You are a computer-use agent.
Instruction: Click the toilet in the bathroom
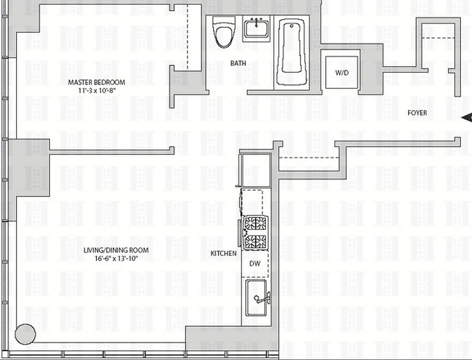point(221,33)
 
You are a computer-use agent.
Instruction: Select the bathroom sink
point(257,29)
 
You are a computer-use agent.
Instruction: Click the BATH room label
point(238,63)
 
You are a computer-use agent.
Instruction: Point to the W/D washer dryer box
point(342,72)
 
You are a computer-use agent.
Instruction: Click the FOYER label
point(417,113)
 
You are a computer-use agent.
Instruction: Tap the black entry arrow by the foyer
point(467,118)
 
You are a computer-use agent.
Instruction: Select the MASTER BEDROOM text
point(96,82)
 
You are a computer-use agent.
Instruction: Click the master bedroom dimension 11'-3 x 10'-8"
point(96,90)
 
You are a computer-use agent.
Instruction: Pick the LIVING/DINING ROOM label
point(116,251)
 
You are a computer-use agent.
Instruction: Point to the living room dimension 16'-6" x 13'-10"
point(116,258)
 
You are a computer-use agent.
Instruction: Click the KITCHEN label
point(224,254)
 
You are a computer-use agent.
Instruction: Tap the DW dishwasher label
point(255,263)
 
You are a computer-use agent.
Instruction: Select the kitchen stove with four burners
point(255,233)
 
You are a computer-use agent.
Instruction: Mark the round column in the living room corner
point(25,334)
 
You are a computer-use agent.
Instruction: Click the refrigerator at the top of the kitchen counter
point(256,170)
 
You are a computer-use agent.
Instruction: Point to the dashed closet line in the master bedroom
point(188,36)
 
